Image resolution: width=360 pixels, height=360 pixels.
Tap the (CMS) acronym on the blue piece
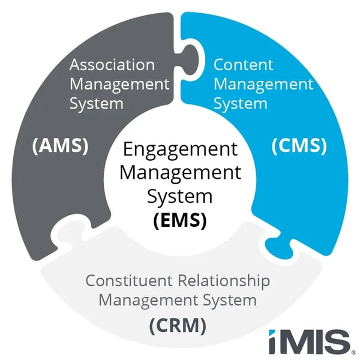pyautogui.click(x=299, y=146)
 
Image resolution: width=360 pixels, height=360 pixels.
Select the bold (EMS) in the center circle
pyautogui.click(x=179, y=220)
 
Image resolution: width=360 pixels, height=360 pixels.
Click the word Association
pyautogui.click(x=112, y=64)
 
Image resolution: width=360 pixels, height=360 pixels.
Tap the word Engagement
pyautogui.click(x=179, y=149)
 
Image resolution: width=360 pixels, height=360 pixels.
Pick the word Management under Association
pyautogui.click(x=119, y=83)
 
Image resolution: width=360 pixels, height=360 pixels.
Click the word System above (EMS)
pyautogui.click(x=179, y=196)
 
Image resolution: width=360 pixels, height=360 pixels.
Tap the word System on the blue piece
pyautogui.click(x=240, y=103)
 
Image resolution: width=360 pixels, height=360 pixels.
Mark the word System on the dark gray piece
pyautogui.click(x=96, y=103)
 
